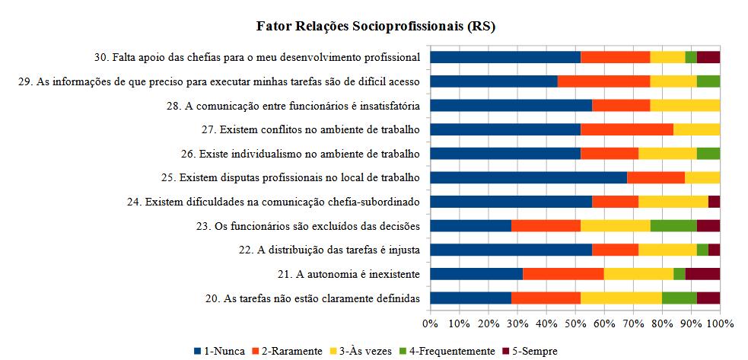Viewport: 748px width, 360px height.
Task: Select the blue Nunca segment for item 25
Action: pyautogui.click(x=529, y=177)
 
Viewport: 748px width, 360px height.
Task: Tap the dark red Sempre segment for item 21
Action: pyautogui.click(x=702, y=274)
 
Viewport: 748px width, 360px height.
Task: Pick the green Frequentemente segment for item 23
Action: pyautogui.click(x=673, y=225)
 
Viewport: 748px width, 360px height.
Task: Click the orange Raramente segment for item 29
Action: pyautogui.click(x=604, y=81)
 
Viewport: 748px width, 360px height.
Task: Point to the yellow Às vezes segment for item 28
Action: pyautogui.click(x=685, y=105)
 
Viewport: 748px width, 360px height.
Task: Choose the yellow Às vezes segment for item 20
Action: pyautogui.click(x=621, y=298)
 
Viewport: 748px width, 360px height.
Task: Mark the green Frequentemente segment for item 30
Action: pyautogui.click(x=691, y=57)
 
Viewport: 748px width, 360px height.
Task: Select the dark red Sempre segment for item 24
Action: pyautogui.click(x=714, y=202)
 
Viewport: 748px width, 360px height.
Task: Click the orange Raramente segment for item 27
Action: pyautogui.click(x=627, y=129)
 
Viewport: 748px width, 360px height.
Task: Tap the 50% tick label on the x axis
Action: pyautogui.click(x=575, y=323)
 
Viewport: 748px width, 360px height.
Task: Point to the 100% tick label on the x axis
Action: pyautogui.click(x=720, y=323)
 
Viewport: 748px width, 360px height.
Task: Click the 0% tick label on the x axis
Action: pyautogui.click(x=431, y=323)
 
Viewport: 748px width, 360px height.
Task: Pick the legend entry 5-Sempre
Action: pyautogui.click(x=530, y=351)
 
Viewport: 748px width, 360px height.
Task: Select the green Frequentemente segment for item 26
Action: pyautogui.click(x=708, y=153)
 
